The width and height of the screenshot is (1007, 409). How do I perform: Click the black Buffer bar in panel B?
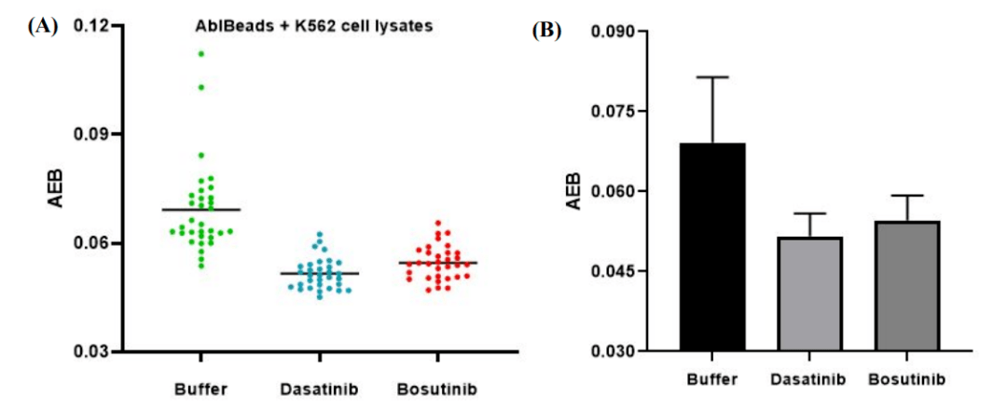point(711,247)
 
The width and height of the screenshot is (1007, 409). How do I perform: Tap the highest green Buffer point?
point(200,54)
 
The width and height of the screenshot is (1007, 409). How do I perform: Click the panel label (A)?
point(44,26)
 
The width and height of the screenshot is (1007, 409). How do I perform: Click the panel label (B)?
point(546,31)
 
